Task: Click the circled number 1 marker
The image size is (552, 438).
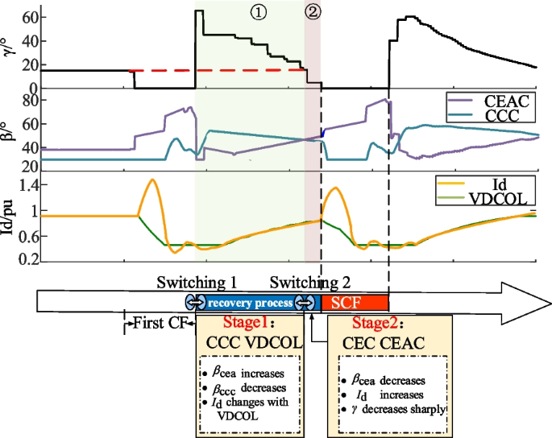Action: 258,15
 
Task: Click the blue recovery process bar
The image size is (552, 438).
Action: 250,303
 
